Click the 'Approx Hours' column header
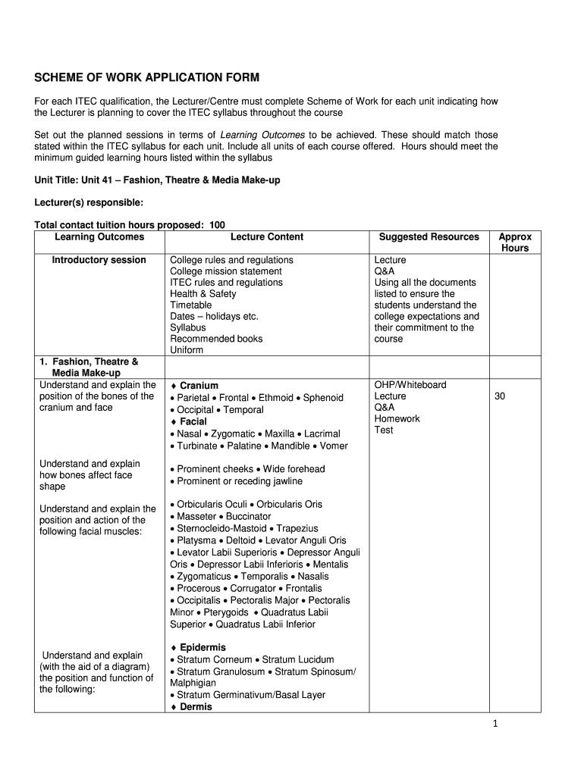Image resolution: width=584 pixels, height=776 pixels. click(x=515, y=242)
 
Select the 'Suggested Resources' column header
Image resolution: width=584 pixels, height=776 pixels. click(x=429, y=237)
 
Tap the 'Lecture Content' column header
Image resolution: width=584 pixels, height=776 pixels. click(x=267, y=237)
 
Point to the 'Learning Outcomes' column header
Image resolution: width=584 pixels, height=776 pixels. click(x=99, y=237)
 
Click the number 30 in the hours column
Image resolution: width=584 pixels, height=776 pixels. click(x=500, y=396)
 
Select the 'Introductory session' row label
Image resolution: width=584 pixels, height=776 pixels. click(x=99, y=260)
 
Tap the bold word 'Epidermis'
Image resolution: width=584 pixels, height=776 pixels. click(x=203, y=648)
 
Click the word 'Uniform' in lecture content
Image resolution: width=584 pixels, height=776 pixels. click(x=187, y=351)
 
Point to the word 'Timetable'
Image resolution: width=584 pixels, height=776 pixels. click(x=191, y=305)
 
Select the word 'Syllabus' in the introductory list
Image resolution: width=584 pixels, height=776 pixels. click(x=188, y=328)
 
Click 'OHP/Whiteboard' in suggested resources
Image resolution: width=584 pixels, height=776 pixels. click(x=410, y=385)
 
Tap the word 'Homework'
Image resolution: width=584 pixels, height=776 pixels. click(x=397, y=419)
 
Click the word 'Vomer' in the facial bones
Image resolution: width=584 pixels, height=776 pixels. click(x=334, y=446)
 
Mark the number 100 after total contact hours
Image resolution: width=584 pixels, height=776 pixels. click(x=217, y=225)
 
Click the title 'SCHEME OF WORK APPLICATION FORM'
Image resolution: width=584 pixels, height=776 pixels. click(x=147, y=78)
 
